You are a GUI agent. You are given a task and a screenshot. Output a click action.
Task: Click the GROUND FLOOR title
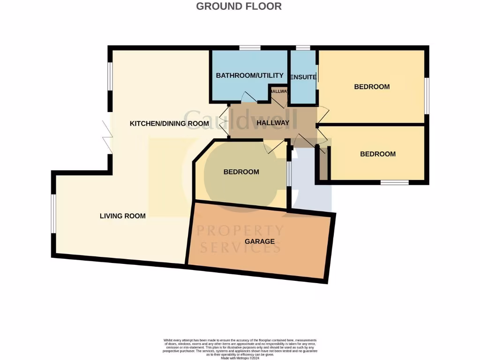pyautogui.click(x=239, y=6)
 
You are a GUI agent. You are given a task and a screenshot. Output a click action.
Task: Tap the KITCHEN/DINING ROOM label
pyautogui.click(x=169, y=124)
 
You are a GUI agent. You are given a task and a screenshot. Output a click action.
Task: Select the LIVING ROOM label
pyautogui.click(x=122, y=216)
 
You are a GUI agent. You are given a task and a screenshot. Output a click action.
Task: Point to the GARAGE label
pyautogui.click(x=260, y=241)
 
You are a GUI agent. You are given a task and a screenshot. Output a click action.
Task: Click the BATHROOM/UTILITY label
pyautogui.click(x=249, y=75)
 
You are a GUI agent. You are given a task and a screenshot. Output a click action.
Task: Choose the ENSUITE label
pyautogui.click(x=303, y=77)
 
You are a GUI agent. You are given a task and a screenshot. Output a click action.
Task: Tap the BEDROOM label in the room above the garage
pyautogui.click(x=241, y=172)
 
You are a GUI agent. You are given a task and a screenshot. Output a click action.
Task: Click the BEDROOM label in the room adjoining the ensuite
pyautogui.click(x=372, y=87)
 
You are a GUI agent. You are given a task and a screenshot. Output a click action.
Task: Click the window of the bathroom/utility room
pyautogui.click(x=250, y=48)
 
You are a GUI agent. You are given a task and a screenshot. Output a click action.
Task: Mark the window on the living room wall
pyautogui.click(x=54, y=213)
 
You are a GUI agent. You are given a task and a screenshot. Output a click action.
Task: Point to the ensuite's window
pyautogui.click(x=303, y=48)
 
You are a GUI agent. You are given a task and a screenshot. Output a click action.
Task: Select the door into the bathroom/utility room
pyautogui.click(x=249, y=97)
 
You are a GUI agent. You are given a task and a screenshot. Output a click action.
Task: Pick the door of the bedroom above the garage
pyautogui.click(x=274, y=146)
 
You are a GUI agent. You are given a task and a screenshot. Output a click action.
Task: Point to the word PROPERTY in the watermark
pyautogui.click(x=240, y=231)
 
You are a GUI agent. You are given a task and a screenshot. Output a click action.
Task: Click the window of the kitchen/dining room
pyautogui.click(x=110, y=75)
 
